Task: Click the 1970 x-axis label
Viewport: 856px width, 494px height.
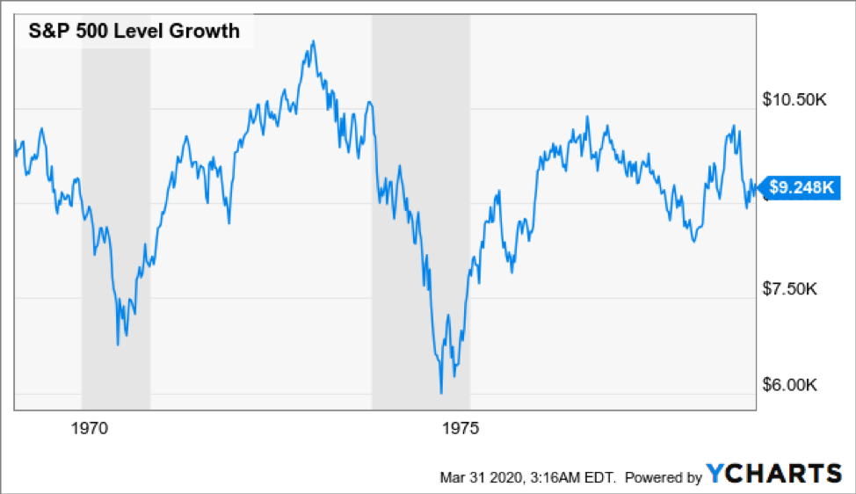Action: click(x=90, y=429)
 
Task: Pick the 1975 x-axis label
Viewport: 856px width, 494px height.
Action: click(x=461, y=429)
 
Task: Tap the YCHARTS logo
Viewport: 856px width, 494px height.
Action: click(x=773, y=474)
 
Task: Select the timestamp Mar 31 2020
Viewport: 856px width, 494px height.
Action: click(x=477, y=477)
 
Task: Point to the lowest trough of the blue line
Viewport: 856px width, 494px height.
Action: click(x=441, y=393)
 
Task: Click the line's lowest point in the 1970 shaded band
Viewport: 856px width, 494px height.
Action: click(x=118, y=344)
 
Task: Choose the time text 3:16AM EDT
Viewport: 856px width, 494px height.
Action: click(x=565, y=477)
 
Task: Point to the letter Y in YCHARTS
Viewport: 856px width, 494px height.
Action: click(x=715, y=474)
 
